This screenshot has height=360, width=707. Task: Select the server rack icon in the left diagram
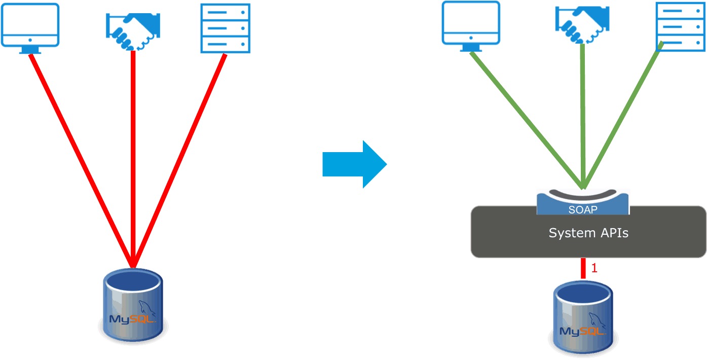click(x=225, y=28)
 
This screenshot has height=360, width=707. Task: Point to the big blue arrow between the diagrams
click(x=355, y=164)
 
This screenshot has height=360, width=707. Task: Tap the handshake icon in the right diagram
click(x=582, y=25)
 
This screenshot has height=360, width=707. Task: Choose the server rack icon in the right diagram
click(x=681, y=25)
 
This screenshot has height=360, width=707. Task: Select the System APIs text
click(x=588, y=233)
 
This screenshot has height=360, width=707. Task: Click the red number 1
click(x=594, y=268)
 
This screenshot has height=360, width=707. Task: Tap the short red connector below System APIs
click(x=583, y=269)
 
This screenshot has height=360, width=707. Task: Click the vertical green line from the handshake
click(x=583, y=117)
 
